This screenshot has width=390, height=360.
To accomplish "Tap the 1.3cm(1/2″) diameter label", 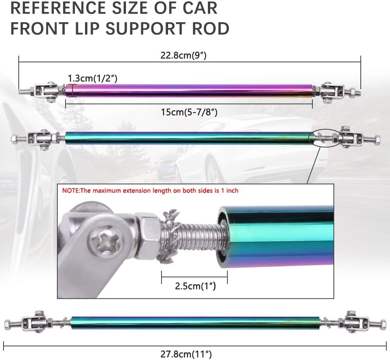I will click(93, 78).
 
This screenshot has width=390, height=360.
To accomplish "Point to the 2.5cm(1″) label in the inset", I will click(195, 287).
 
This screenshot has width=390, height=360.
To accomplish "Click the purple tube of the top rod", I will click(189, 91).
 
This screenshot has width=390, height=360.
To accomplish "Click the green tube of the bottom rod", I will click(195, 322).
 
